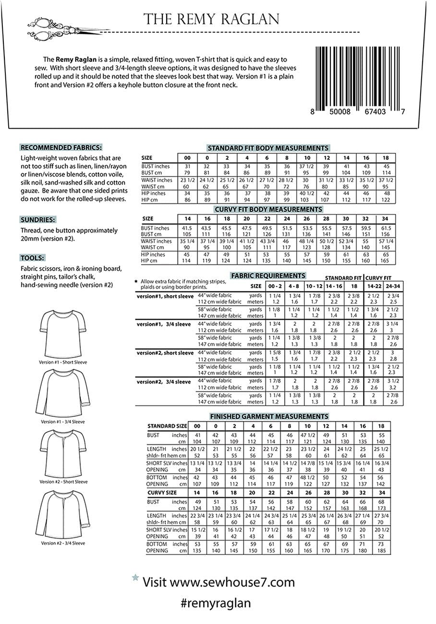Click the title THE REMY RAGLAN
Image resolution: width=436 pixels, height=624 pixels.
pyautogui.click(x=211, y=19)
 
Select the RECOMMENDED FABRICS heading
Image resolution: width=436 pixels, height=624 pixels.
pyautogui.click(x=61, y=148)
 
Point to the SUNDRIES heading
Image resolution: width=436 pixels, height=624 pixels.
pyautogui.click(x=38, y=220)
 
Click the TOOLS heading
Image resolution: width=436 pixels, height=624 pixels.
pyautogui.click(x=33, y=258)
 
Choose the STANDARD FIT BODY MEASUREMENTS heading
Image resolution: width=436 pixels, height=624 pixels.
pyautogui.click(x=268, y=148)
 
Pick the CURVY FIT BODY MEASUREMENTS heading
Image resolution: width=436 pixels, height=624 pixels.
pyautogui.click(x=268, y=209)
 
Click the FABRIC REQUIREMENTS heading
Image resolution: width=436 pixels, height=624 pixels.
pyautogui.click(x=268, y=276)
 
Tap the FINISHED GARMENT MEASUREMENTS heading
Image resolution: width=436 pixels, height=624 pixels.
pyautogui.click(x=269, y=416)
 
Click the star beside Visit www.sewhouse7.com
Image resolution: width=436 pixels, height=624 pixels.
pyautogui.click(x=135, y=578)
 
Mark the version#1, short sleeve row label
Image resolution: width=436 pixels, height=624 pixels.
pyautogui.click(x=165, y=296)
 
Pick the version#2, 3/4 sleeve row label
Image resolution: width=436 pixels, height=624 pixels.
pyautogui.click(x=164, y=382)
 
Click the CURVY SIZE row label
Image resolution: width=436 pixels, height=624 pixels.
pyautogui.click(x=162, y=492)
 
